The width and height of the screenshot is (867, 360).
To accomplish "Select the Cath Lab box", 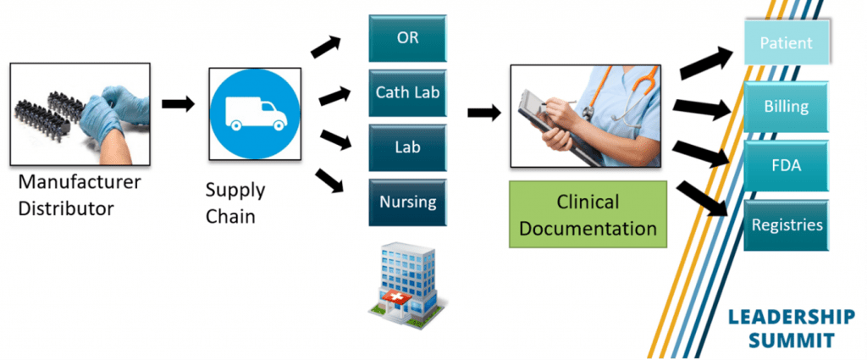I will (x=407, y=93).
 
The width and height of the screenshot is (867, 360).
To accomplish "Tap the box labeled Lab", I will (x=407, y=147).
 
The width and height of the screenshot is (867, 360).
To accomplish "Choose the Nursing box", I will (x=407, y=202).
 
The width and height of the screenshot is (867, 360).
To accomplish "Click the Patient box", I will (x=786, y=43).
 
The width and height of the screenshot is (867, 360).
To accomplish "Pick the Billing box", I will (x=786, y=108).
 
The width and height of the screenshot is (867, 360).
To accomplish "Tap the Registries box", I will (x=786, y=226).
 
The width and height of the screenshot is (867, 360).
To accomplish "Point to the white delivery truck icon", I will (x=253, y=110).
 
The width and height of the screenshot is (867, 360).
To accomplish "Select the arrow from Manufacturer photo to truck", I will (x=178, y=104).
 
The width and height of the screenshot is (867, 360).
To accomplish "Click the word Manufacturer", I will (x=80, y=182).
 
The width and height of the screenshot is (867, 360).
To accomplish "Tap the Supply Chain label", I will (x=236, y=203).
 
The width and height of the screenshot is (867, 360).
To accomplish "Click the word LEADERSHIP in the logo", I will (x=792, y=318).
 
